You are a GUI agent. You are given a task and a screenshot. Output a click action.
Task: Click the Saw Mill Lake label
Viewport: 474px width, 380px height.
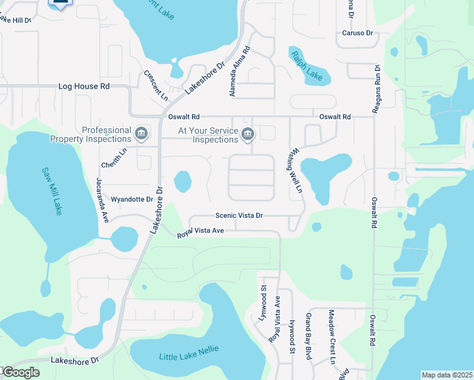(x=52, y=191)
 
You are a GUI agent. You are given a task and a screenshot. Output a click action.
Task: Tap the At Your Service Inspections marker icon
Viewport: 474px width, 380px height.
(x=248, y=134)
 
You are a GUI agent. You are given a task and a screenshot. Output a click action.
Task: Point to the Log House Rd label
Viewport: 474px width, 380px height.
(x=84, y=85)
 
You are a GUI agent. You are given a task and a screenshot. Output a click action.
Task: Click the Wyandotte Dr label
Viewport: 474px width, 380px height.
(x=132, y=199)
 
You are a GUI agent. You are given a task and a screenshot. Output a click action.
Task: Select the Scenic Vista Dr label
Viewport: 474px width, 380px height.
(x=239, y=216)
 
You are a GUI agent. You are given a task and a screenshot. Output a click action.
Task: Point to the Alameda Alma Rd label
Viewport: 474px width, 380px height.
(x=239, y=73)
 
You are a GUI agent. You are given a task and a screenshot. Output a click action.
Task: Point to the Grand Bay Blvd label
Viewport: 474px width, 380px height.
(x=309, y=336)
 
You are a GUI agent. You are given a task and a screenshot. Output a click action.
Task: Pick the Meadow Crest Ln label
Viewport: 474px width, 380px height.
(x=331, y=337)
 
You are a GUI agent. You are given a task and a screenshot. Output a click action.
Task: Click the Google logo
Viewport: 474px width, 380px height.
(x=20, y=373)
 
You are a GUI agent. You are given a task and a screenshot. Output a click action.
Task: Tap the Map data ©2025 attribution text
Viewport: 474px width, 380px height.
(x=446, y=375)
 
